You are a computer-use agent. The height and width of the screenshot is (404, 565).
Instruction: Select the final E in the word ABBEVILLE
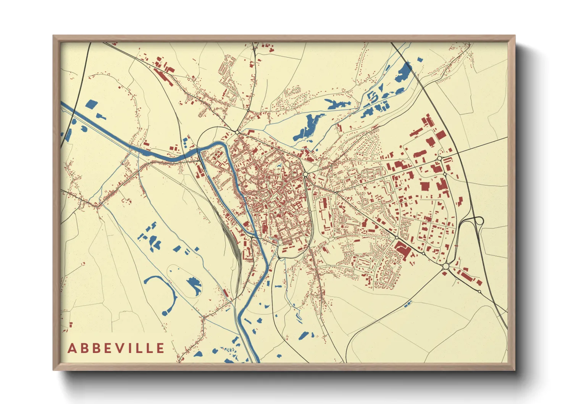160,348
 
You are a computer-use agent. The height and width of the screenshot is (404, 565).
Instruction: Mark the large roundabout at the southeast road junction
446,266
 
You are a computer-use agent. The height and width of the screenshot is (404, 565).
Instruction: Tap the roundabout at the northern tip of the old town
237,132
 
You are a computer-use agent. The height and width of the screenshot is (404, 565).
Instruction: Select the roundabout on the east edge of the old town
305,175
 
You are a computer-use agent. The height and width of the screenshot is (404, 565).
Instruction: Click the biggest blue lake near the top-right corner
404,73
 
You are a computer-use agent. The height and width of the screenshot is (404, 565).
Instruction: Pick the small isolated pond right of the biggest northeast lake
420,60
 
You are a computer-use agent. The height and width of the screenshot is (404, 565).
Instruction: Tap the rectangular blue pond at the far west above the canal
91,103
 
